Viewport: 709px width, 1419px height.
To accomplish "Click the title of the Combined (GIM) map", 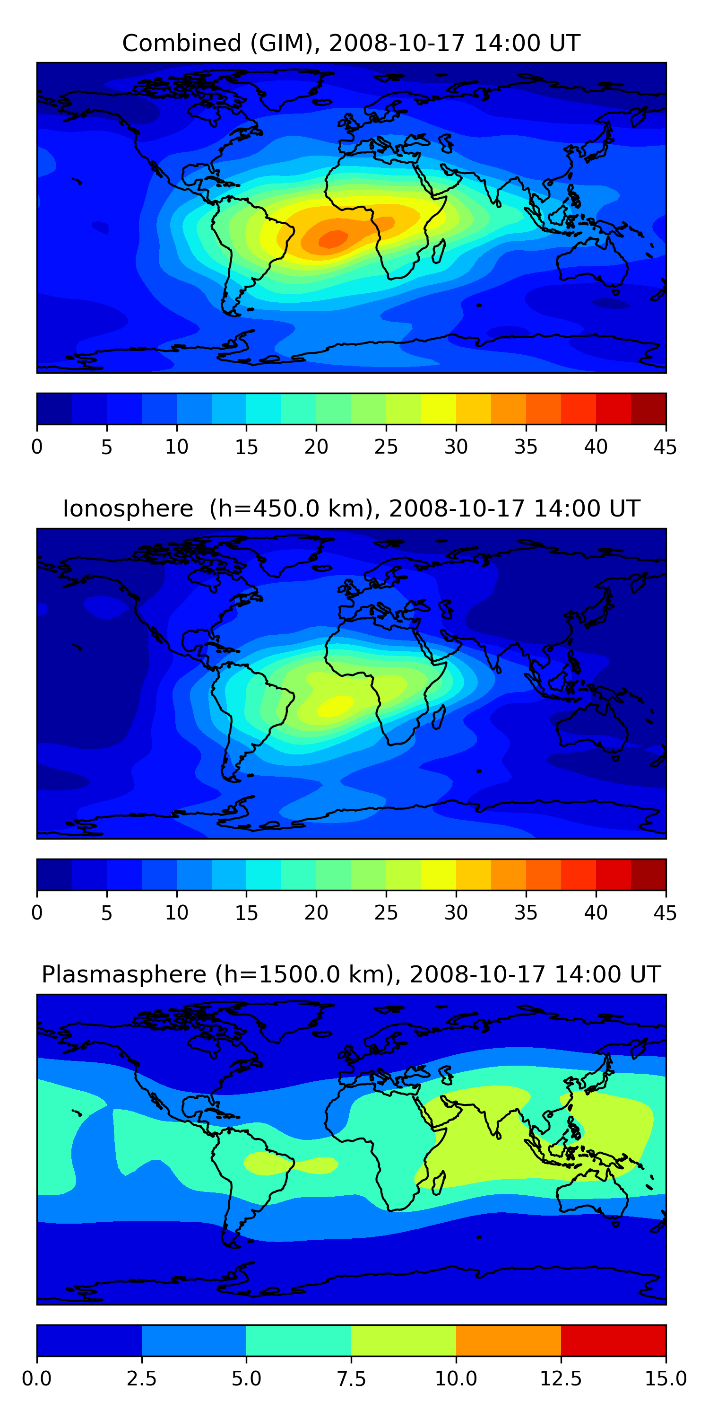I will (351, 43).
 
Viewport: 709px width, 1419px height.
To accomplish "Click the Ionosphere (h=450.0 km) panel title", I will (351, 508).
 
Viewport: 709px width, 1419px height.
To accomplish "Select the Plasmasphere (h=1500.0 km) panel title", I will (351, 974).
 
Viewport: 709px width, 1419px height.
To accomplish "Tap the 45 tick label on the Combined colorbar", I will (665, 447).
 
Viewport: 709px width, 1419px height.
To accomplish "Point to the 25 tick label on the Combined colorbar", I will (386, 447).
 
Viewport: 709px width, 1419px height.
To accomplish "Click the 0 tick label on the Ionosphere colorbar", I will (37, 913).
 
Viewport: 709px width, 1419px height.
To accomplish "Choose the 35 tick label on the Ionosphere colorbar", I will (526, 913).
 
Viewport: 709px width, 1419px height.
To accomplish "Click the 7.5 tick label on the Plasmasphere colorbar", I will (351, 1379).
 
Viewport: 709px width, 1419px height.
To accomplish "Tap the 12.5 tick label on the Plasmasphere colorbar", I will (561, 1379).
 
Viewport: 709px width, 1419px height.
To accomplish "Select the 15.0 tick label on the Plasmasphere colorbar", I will (666, 1379).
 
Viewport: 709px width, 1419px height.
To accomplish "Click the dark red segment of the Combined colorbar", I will (648, 409).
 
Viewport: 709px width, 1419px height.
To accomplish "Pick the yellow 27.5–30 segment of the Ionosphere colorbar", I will (438, 874).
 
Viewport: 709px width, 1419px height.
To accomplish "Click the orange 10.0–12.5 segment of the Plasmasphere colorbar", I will (508, 1340).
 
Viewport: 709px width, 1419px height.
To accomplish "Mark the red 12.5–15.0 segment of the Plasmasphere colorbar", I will (613, 1340).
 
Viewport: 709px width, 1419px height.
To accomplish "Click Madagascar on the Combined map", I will (439, 251).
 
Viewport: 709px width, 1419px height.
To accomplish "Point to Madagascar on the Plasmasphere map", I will (439, 1183).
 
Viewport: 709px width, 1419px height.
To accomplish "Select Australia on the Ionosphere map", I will (592, 727).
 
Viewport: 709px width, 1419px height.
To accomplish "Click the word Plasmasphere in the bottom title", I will (124, 974).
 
